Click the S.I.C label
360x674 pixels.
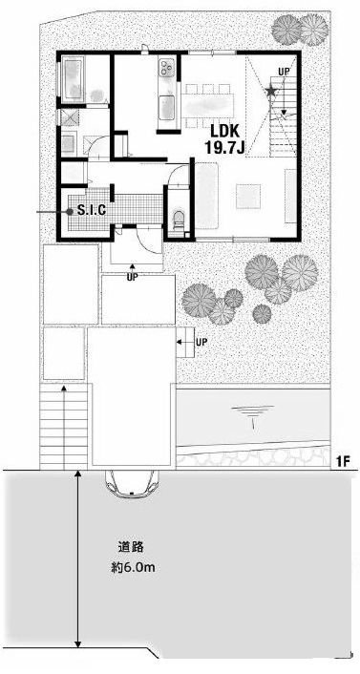(x=92, y=207)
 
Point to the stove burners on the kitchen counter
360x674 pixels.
(x=167, y=69)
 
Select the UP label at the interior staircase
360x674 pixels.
(x=284, y=72)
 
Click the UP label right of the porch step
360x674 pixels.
(x=201, y=341)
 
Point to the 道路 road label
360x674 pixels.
(x=130, y=547)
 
